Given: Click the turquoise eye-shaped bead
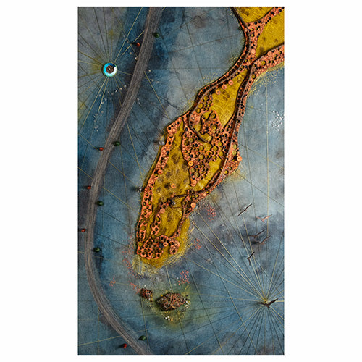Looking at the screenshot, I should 109,69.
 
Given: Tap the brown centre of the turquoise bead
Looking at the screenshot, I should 109,69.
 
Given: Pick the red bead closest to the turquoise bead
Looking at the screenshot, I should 138,43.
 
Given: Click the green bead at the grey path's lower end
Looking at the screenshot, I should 143,337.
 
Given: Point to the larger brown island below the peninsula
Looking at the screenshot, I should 172,300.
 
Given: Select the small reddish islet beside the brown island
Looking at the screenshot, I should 147,293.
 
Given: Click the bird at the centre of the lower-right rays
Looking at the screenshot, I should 270,302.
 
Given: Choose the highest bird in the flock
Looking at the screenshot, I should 245,209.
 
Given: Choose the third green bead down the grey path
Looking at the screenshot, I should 99,203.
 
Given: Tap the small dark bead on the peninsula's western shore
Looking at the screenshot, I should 139,189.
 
